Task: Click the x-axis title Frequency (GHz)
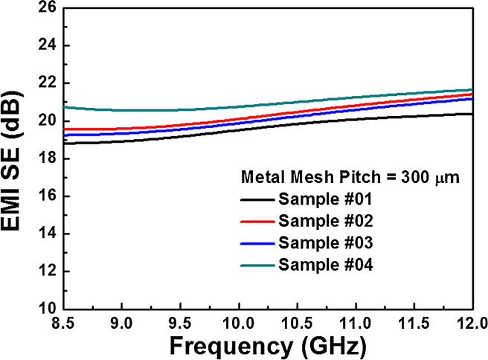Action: (x=269, y=345)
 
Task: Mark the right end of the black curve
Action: (x=472, y=114)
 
